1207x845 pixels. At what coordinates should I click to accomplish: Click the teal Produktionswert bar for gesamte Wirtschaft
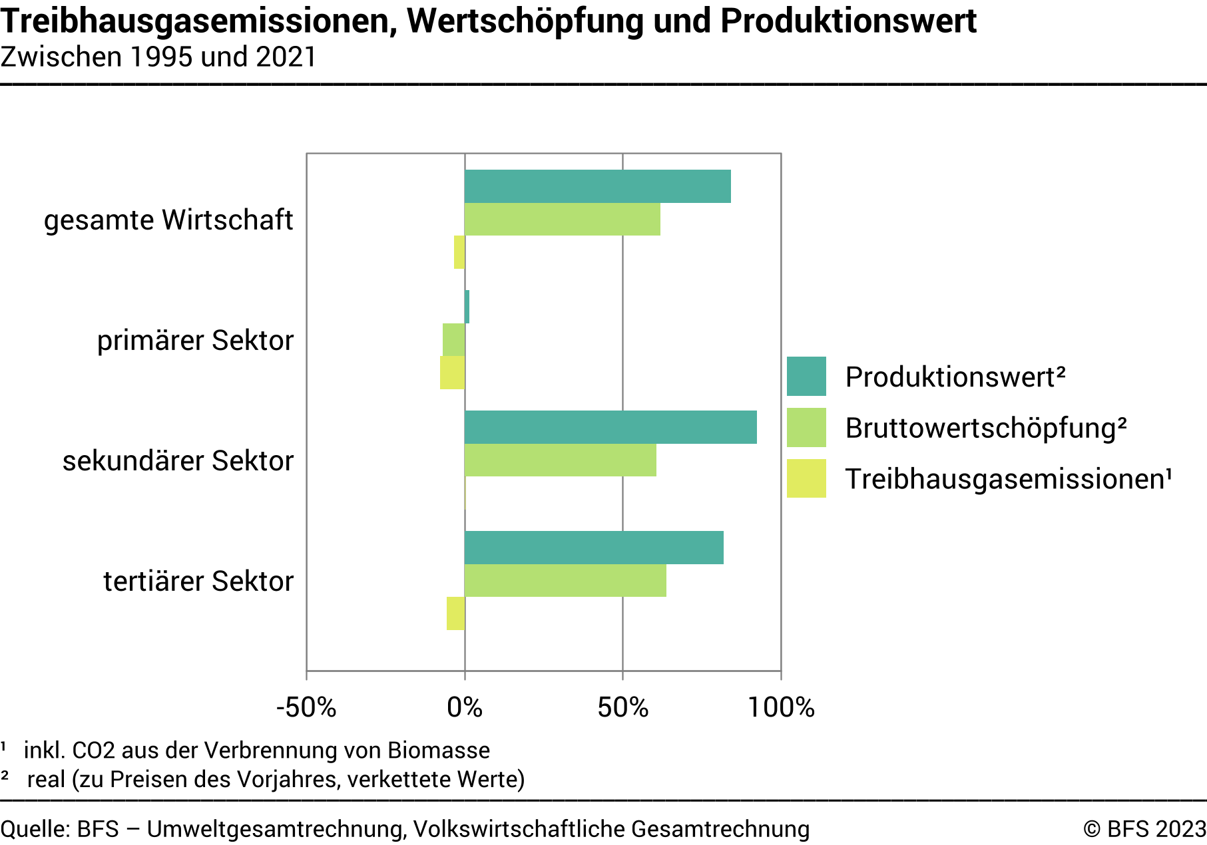[x=597, y=186]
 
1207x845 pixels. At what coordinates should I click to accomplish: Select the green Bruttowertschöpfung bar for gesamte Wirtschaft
[x=563, y=220]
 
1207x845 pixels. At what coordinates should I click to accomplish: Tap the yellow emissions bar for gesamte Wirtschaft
[x=459, y=252]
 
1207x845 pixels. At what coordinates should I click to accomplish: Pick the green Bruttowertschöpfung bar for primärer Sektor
[x=453, y=340]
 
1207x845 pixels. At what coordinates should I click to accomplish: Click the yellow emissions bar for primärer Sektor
[x=452, y=373]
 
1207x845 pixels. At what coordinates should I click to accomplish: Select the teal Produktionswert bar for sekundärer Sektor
[x=610, y=427]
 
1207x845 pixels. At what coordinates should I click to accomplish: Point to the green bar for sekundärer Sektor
[x=560, y=460]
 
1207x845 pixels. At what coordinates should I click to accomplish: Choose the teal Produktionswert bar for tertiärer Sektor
[x=594, y=548]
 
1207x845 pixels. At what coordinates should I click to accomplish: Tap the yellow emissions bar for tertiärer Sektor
[x=455, y=613]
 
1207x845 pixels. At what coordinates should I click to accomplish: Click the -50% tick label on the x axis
[x=306, y=707]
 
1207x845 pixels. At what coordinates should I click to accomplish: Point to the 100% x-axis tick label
[x=781, y=707]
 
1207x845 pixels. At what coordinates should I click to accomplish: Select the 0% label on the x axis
[x=465, y=707]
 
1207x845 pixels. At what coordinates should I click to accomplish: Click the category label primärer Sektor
[x=195, y=341]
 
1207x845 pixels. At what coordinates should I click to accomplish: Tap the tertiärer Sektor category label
[x=198, y=582]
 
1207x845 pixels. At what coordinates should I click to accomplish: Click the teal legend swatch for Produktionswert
[x=806, y=377]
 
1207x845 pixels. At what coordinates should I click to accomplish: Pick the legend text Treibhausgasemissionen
[x=1008, y=479]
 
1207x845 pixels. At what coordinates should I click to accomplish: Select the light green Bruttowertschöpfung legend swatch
[x=806, y=428]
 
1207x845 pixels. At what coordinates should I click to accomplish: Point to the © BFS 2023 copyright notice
[x=1144, y=829]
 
